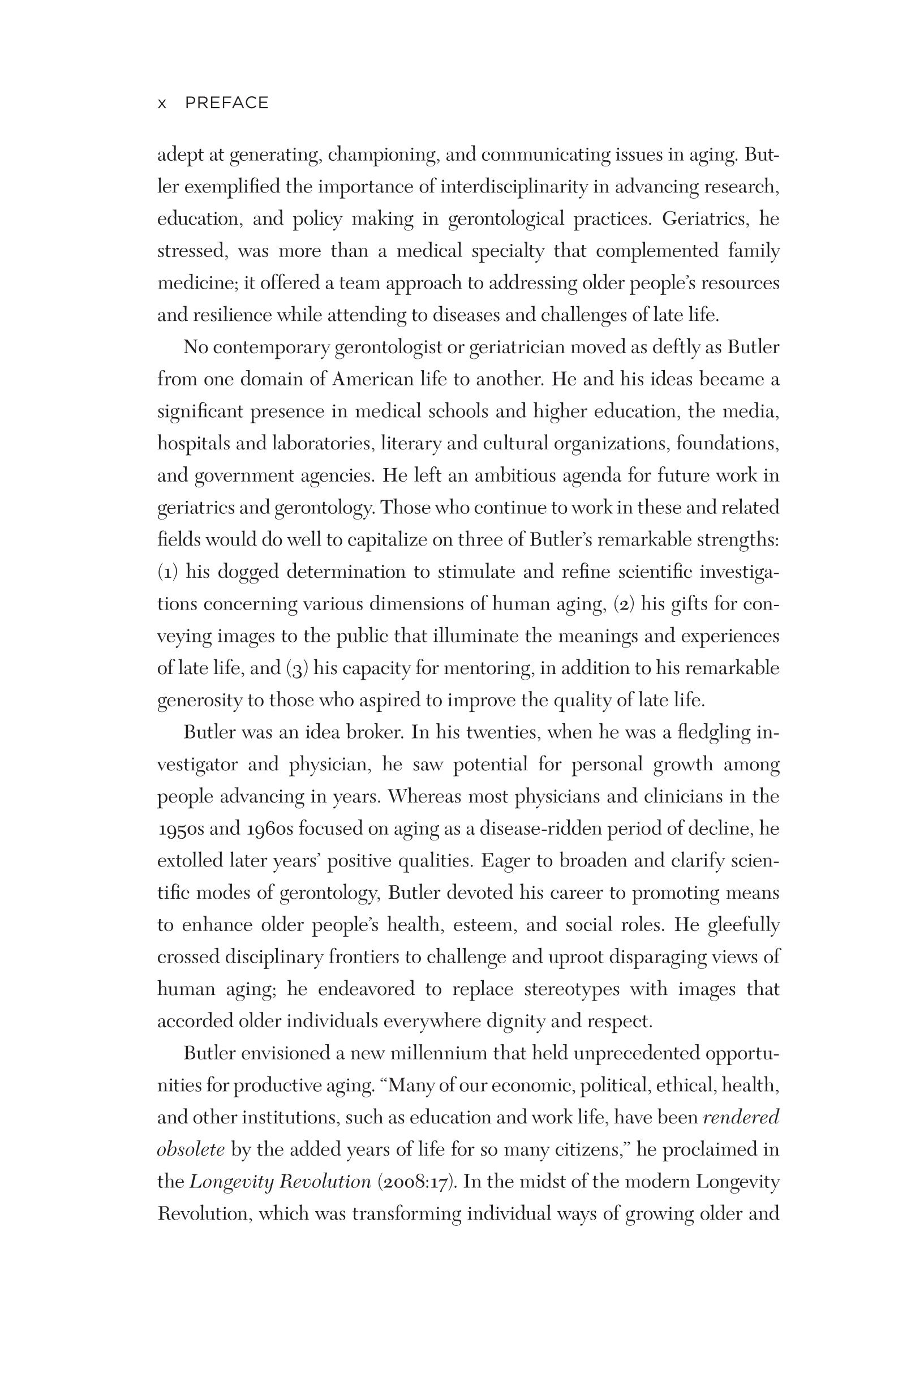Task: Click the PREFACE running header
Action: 227,103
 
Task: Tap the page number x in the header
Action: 162,104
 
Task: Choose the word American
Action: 372,379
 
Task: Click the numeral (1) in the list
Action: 168,572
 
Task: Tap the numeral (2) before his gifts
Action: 624,604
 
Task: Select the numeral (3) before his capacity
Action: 296,668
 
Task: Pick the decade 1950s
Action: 180,829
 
